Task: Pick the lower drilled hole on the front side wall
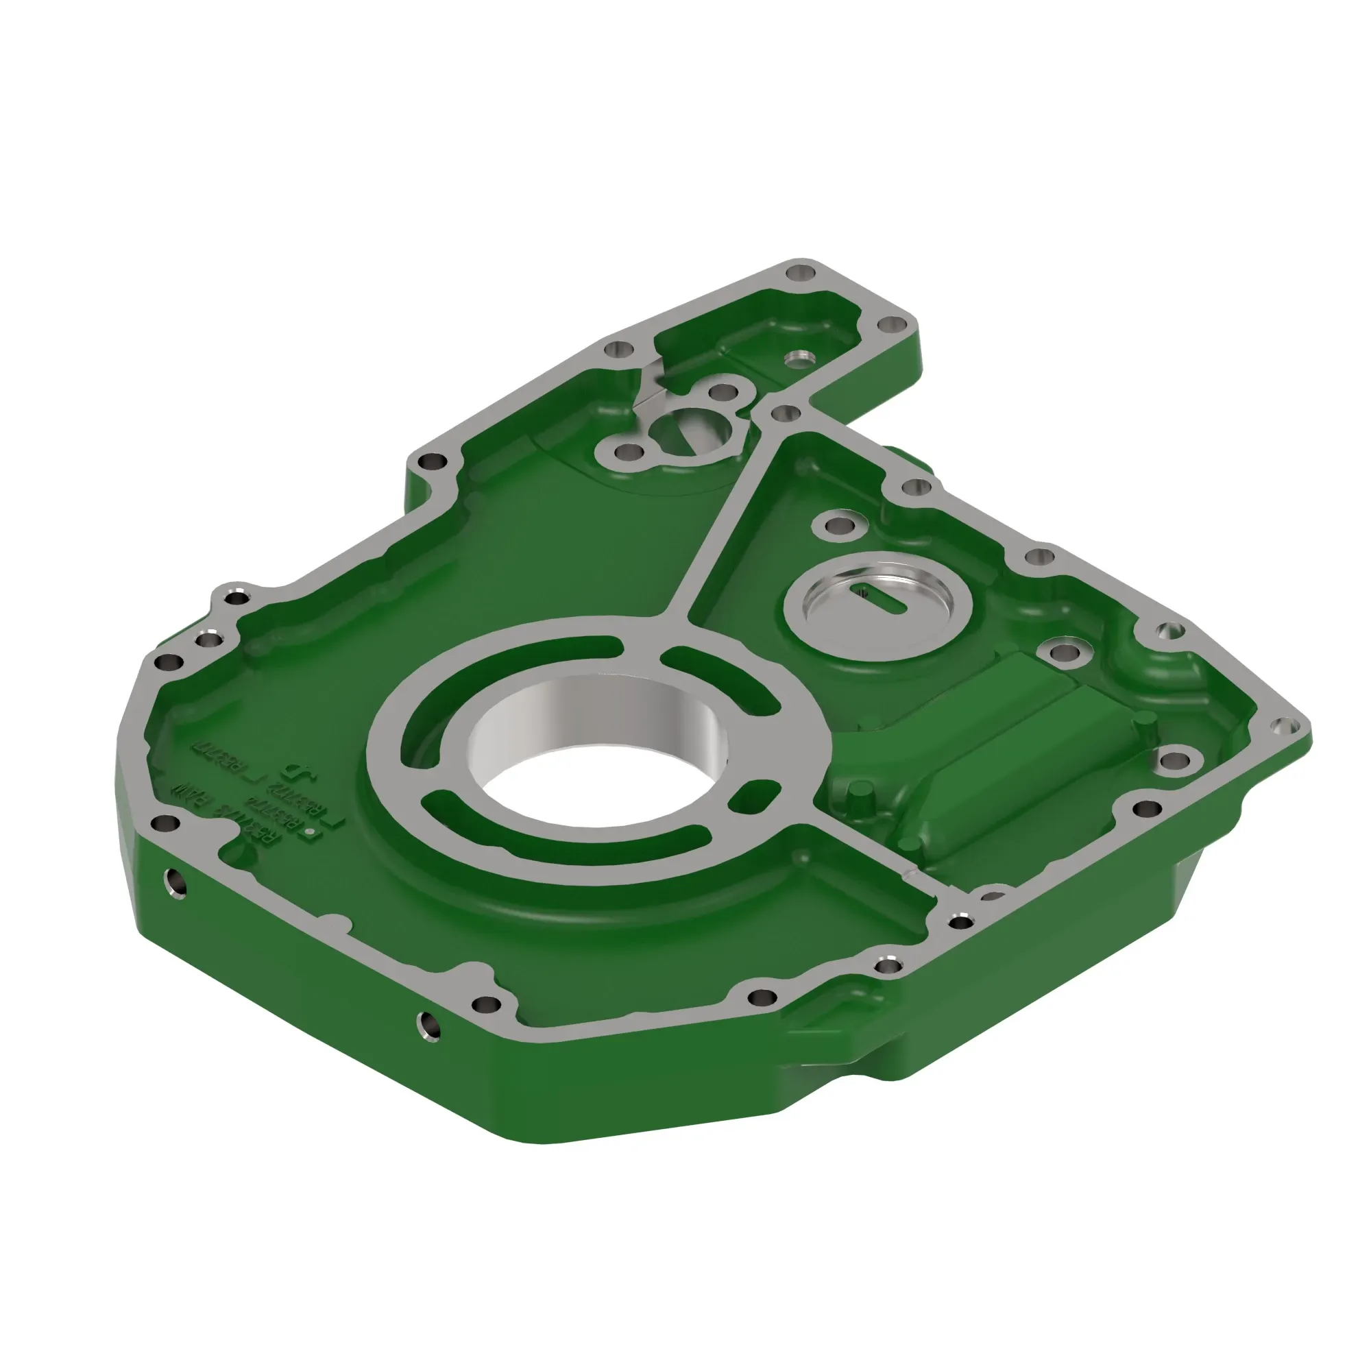coord(428,1024)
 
